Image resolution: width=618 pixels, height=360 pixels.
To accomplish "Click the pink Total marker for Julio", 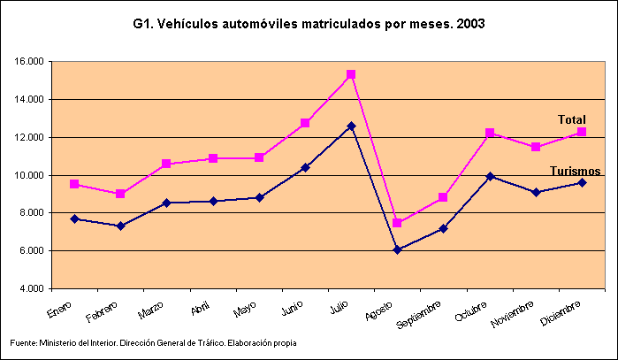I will (x=351, y=74).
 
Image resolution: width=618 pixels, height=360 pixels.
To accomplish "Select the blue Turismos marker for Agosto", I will (x=398, y=249).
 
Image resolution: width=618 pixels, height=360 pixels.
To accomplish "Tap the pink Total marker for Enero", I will (x=75, y=184).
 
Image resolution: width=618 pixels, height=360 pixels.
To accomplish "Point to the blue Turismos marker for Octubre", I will (x=490, y=176).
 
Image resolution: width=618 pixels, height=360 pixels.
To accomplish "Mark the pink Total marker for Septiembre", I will (x=444, y=197).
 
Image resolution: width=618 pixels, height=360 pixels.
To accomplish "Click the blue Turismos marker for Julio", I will (x=351, y=126).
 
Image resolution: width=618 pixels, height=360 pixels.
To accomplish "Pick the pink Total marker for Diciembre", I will (x=582, y=132).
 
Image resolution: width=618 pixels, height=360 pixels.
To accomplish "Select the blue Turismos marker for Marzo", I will (x=167, y=203).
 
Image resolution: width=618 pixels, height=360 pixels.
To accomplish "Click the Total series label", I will (x=571, y=119).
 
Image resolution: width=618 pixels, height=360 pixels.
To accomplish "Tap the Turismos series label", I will (x=576, y=171).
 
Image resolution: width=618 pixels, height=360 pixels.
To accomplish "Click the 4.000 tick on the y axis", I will (x=31, y=289).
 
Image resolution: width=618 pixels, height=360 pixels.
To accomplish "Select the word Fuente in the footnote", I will (x=23, y=342).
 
